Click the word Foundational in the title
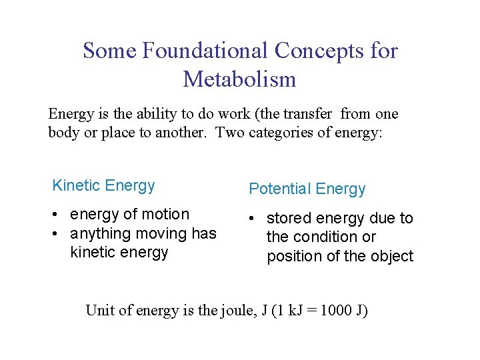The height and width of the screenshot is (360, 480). pyautogui.click(x=205, y=51)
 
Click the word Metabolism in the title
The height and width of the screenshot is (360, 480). pyautogui.click(x=239, y=79)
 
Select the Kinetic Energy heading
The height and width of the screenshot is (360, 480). pyautogui.click(x=103, y=186)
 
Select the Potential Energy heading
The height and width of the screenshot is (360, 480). pyautogui.click(x=307, y=189)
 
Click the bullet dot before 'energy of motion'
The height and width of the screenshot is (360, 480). pyautogui.click(x=58, y=215)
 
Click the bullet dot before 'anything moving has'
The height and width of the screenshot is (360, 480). pyautogui.click(x=58, y=234)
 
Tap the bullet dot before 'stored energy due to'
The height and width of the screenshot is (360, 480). pyautogui.click(x=254, y=219)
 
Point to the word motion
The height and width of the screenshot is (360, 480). pyautogui.click(x=167, y=215)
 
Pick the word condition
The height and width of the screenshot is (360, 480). pyautogui.click(x=322, y=237)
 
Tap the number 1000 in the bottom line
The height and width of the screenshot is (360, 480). pyautogui.click(x=337, y=311)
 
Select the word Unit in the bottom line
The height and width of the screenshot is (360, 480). pyautogui.click(x=99, y=311)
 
